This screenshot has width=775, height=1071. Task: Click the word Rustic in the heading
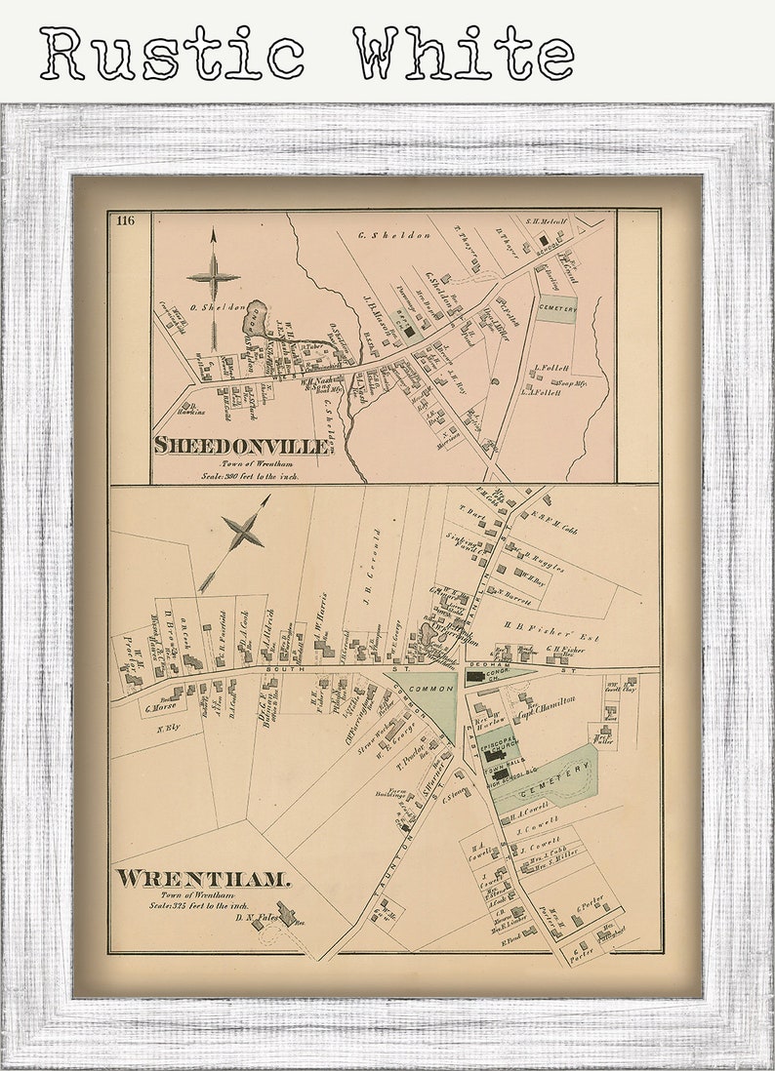172,54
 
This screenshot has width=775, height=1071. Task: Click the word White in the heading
463,54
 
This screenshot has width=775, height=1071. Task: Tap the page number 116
124,219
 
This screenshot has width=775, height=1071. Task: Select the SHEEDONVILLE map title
240,446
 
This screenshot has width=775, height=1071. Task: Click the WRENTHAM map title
203,879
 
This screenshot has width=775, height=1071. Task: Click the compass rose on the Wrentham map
241,535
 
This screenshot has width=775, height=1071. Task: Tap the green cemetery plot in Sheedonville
555,309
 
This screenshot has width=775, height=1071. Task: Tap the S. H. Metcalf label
547,221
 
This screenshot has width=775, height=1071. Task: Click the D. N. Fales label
256,917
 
